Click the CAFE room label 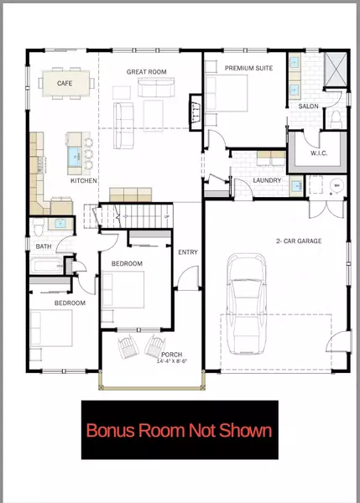[64, 84]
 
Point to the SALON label [308, 106]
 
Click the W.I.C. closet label [309, 153]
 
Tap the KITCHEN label [84, 181]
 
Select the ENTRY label [188, 252]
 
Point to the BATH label [43, 246]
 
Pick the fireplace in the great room [192, 107]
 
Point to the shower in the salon [336, 67]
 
